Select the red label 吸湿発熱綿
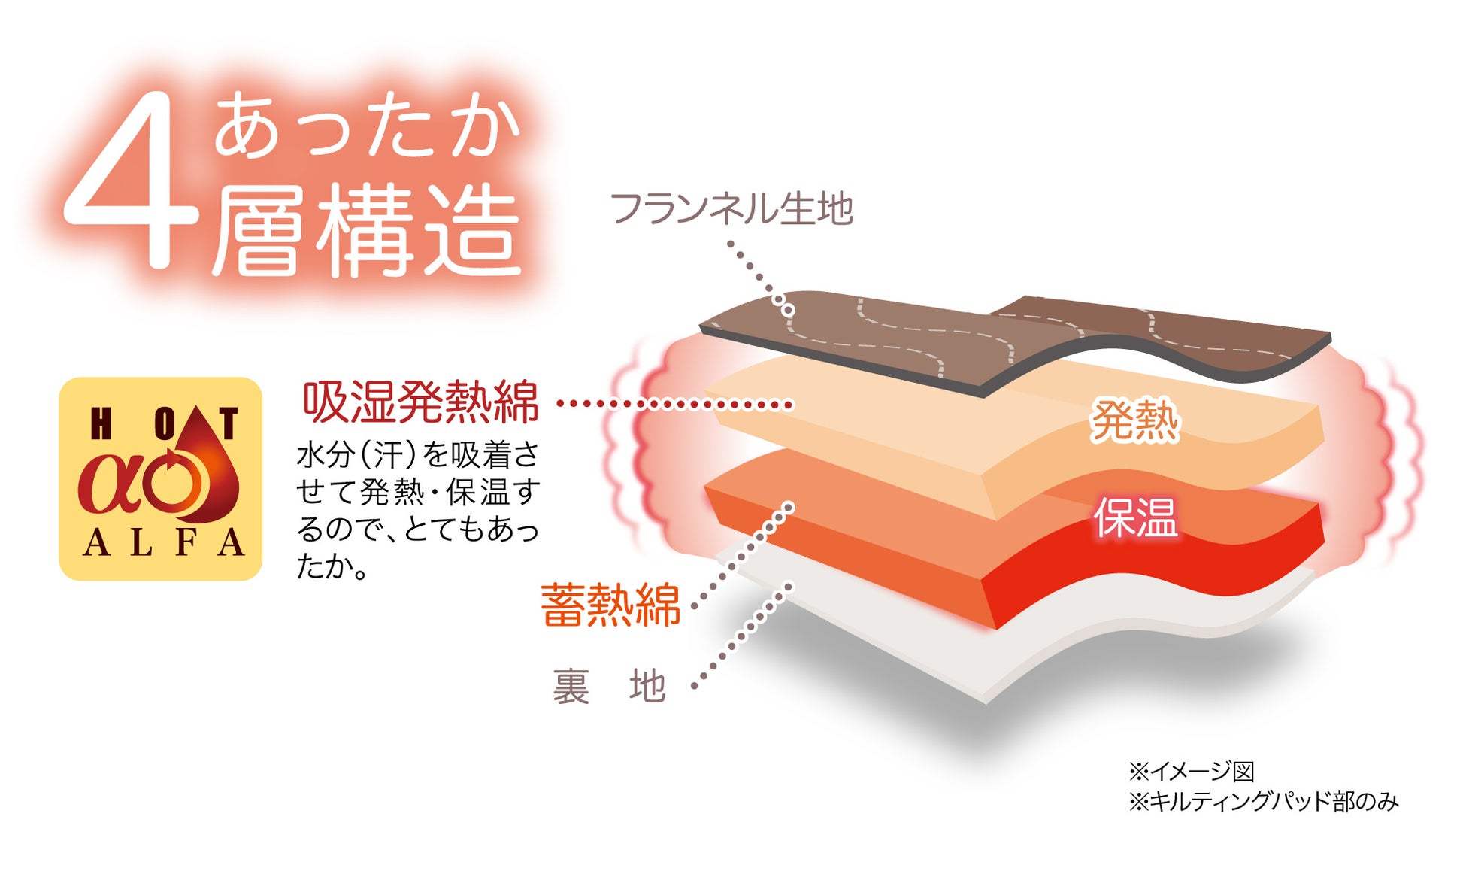(x=420, y=403)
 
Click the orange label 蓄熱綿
(x=610, y=605)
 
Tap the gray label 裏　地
(x=609, y=686)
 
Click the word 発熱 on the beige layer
(x=1134, y=420)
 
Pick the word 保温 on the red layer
(x=1134, y=517)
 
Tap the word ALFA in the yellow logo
(x=162, y=543)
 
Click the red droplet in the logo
(x=203, y=470)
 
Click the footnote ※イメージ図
(x=1191, y=771)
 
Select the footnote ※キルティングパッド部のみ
(x=1263, y=802)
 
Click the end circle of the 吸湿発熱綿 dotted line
(x=788, y=405)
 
